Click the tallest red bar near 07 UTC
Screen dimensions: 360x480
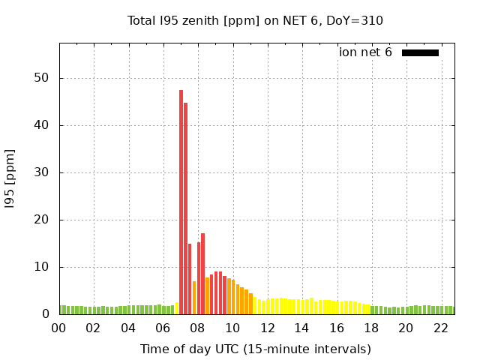coord(181,202)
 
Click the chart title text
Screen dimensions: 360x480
coord(255,20)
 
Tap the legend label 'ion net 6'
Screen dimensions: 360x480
coord(365,52)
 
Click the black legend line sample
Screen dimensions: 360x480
coord(420,52)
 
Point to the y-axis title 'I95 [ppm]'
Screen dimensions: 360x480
coord(10,178)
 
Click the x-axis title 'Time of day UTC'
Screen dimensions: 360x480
coord(255,349)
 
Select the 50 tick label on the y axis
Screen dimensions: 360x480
coord(42,78)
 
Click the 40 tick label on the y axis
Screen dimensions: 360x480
coord(42,125)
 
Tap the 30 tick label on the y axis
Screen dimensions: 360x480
coord(42,172)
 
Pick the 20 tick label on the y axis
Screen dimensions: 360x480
coord(42,220)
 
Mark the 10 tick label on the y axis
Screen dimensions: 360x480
coord(42,267)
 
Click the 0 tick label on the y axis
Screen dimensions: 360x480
coord(46,314)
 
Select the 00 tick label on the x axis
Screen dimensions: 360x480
coord(59,328)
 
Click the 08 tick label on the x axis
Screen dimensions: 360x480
coord(198,328)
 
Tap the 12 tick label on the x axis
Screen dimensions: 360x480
coord(267,328)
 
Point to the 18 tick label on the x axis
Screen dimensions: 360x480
coord(371,328)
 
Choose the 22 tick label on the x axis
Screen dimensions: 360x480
coord(440,328)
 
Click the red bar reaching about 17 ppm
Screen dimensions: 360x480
coord(202,274)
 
